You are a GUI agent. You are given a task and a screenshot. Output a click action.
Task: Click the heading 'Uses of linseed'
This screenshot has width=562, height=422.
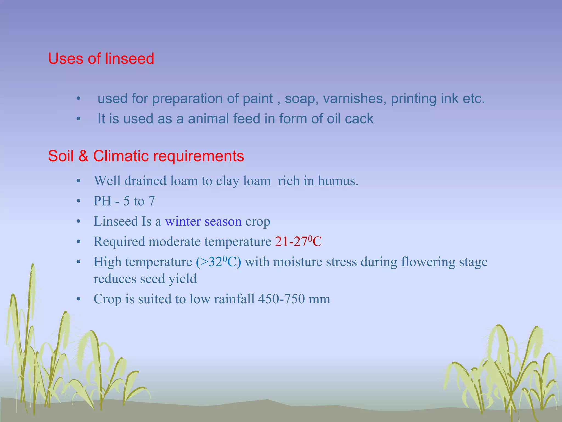click(x=101, y=59)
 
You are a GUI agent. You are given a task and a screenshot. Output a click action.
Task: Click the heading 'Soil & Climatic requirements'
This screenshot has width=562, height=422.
click(x=146, y=156)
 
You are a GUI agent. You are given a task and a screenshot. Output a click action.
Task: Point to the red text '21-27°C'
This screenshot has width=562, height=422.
click(x=298, y=242)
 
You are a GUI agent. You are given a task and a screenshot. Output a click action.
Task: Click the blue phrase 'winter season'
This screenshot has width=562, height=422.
click(x=203, y=221)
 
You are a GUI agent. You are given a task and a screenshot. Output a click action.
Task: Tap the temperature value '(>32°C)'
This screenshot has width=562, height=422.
click(x=218, y=262)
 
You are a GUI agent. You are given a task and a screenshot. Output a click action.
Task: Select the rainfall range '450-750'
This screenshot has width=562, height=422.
click(x=281, y=299)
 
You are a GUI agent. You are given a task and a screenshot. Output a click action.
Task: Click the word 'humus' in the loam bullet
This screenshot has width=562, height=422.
click(x=336, y=181)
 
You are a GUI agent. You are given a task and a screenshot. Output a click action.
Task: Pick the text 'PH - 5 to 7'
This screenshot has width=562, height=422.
click(x=124, y=201)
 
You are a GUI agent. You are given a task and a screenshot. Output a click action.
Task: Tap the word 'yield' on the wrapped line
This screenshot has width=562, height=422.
click(x=182, y=279)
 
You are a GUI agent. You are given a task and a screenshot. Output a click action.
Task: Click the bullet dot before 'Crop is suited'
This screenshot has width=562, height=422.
click(x=78, y=299)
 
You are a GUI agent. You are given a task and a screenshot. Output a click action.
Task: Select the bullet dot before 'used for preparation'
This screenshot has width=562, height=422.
click(x=78, y=99)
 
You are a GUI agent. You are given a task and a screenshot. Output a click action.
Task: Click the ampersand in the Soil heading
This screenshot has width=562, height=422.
click(x=83, y=156)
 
